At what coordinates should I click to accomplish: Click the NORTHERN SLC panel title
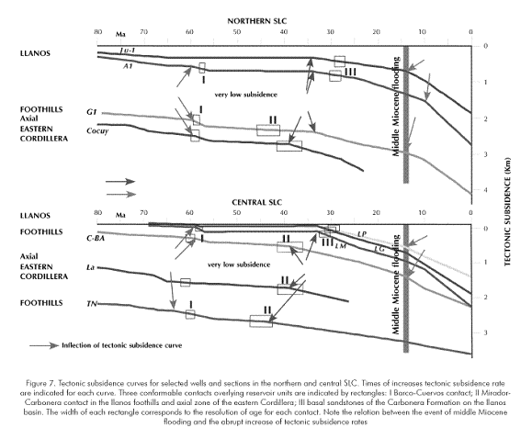click(257, 21)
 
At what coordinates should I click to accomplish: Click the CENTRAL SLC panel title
click(257, 203)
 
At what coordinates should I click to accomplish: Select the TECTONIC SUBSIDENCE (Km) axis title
click(507, 212)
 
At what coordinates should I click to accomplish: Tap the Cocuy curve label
click(97, 131)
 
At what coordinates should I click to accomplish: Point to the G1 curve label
click(92, 112)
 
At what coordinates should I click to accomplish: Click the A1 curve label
click(128, 66)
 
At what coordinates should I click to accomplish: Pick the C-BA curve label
click(96, 238)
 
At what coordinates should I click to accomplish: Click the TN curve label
click(92, 304)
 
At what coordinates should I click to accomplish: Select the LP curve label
click(362, 234)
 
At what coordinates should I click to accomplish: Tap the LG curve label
click(379, 249)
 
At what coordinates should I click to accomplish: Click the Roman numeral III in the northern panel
click(350, 72)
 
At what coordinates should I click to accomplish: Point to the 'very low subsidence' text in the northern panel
click(245, 95)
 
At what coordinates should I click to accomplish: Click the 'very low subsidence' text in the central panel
click(239, 265)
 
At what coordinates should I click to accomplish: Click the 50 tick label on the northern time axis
click(236, 32)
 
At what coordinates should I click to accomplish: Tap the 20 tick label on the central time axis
click(376, 213)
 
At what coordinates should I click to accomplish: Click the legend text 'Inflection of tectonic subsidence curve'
click(122, 345)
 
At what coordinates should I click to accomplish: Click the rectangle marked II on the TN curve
click(261, 321)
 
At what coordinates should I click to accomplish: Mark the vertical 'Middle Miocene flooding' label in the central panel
click(396, 285)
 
